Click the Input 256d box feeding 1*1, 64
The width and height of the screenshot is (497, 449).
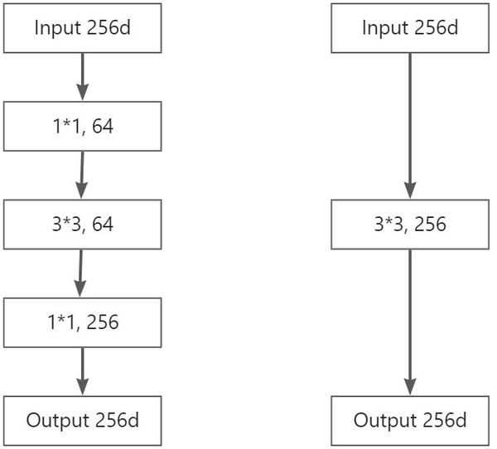click(x=81, y=27)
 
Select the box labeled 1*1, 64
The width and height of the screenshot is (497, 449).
click(x=81, y=127)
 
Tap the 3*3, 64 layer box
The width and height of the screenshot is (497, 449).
click(x=81, y=224)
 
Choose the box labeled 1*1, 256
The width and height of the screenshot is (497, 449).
click(x=81, y=322)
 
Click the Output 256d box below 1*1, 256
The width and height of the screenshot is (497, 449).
click(x=81, y=421)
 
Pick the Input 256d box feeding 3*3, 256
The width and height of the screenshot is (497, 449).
click(x=409, y=27)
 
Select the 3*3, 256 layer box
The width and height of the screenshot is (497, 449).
click(x=409, y=224)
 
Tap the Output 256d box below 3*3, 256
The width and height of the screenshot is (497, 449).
click(x=409, y=421)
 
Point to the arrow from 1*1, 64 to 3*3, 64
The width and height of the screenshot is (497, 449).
click(x=81, y=173)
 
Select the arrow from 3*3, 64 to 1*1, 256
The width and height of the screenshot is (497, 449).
click(x=80, y=271)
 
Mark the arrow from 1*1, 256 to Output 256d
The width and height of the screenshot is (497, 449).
click(x=81, y=369)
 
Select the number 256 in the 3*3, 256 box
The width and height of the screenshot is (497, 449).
click(x=429, y=224)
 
